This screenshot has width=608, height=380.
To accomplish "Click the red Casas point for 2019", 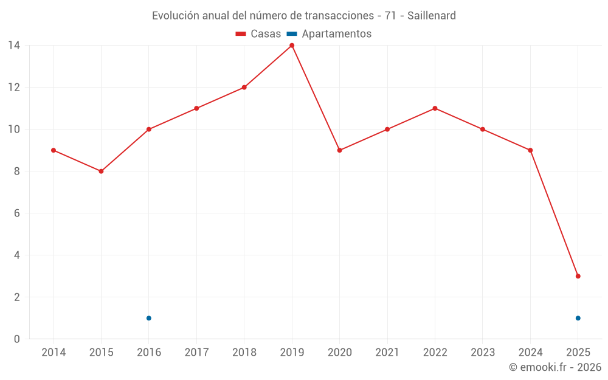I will coord(292,46).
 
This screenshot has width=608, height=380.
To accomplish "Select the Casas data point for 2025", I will coord(578,276).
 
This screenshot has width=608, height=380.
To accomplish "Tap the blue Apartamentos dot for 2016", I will coord(148,318).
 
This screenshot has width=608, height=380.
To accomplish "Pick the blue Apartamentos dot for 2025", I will coord(578,318).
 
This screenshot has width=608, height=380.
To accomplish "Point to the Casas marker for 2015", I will coord(101,171).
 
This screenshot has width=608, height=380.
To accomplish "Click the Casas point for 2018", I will coord(244,88).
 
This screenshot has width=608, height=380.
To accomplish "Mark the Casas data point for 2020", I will coord(339,150).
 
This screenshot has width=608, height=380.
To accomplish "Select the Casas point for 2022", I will coord(435,108).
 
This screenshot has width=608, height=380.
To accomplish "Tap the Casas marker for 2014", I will coord(54,150).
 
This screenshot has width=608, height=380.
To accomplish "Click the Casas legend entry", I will coord(258,34).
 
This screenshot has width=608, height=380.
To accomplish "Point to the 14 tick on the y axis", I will coord(13,46).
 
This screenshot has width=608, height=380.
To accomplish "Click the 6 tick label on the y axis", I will coord(16,213).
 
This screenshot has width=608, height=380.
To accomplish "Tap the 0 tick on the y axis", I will coord(16,339).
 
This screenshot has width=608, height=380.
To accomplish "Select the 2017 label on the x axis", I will coord(196,353).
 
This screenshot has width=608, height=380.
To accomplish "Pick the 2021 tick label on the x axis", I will coord(387,353).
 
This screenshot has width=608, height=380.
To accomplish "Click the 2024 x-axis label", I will coord(530,353).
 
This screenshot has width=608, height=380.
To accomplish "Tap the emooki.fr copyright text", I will coord(554,367).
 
